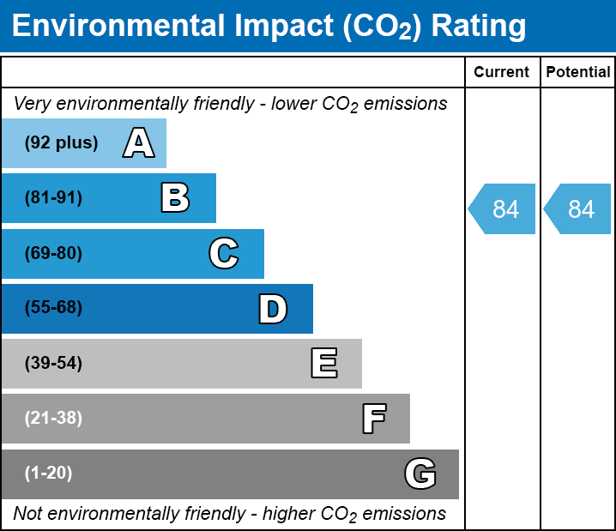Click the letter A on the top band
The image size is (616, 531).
(139, 143)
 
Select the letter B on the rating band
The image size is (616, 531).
(175, 198)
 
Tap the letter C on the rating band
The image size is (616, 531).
(224, 253)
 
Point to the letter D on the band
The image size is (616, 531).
(273, 309)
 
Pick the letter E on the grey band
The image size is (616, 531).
(323, 364)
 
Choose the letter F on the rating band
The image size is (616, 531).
(373, 419)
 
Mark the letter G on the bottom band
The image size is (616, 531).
(420, 474)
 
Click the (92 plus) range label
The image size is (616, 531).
(61, 143)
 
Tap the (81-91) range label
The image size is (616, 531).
(53, 198)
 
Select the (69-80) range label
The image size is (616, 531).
(53, 253)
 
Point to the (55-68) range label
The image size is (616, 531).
(53, 308)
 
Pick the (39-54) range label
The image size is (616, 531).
(53, 364)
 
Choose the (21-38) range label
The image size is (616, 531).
(53, 419)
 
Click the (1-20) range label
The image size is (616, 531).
(49, 474)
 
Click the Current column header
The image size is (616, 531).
(502, 73)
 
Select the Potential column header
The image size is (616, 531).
(578, 73)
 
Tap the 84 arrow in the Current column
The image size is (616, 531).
(503, 208)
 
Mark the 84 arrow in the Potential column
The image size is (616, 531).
(578, 208)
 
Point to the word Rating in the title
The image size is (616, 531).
(478, 26)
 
